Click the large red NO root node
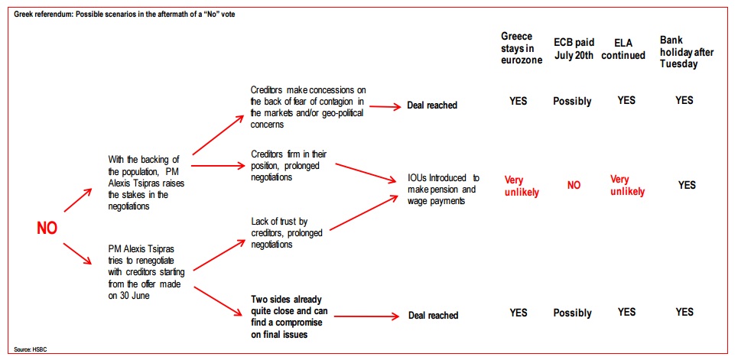[47, 229]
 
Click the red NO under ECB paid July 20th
[574, 186]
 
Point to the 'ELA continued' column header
[624, 49]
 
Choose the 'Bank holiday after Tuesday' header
[686, 52]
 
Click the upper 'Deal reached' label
[432, 105]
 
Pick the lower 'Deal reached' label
[433, 316]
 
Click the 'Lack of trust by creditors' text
[280, 232]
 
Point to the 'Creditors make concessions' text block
[307, 107]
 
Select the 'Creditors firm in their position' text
[288, 166]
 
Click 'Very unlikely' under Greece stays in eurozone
[522, 186]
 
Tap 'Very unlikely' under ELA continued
[627, 186]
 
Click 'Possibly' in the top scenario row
[572, 101]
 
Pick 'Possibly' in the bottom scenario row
[572, 313]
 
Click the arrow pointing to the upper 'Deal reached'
[385, 106]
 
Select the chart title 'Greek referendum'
[124, 15]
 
